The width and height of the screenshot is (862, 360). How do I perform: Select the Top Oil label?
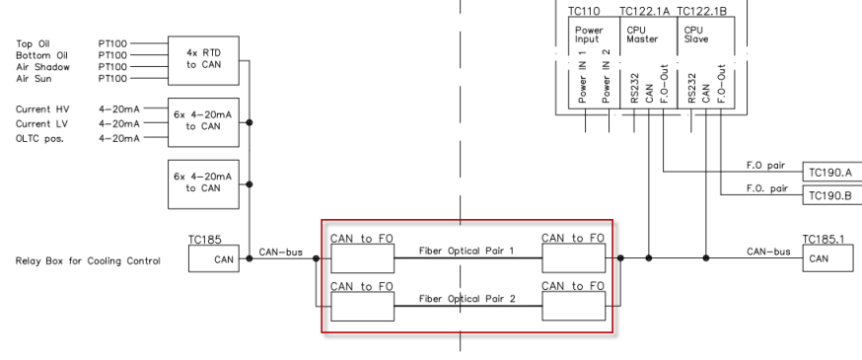pos(32,43)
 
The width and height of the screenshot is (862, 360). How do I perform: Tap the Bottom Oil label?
pos(38,55)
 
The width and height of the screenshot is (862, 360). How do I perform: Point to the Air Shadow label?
pos(38,66)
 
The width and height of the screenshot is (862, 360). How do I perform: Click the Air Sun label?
pos(32,77)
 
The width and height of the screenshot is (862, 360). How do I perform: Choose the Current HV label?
pos(42,108)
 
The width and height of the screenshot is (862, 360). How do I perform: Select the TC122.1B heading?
pos(702,10)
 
